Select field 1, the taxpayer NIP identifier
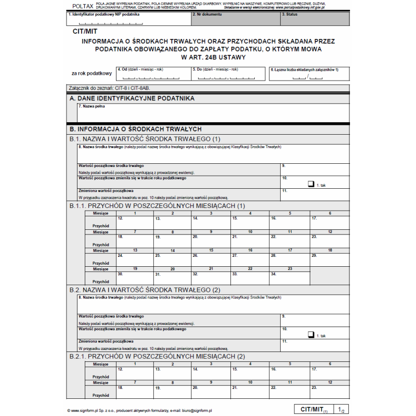point(128,19)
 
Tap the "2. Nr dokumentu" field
point(235,19)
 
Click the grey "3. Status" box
point(315,19)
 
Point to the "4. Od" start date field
point(153,74)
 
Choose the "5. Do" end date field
point(228,74)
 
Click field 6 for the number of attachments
point(308,74)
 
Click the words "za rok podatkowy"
point(92,73)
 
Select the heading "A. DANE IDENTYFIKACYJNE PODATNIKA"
point(132,98)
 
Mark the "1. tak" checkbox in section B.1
point(311,184)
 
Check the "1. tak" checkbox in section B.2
point(311,335)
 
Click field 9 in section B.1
point(315,169)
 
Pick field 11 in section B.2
point(315,345)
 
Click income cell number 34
point(289,276)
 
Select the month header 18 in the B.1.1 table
point(330,251)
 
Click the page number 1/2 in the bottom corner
point(341,410)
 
